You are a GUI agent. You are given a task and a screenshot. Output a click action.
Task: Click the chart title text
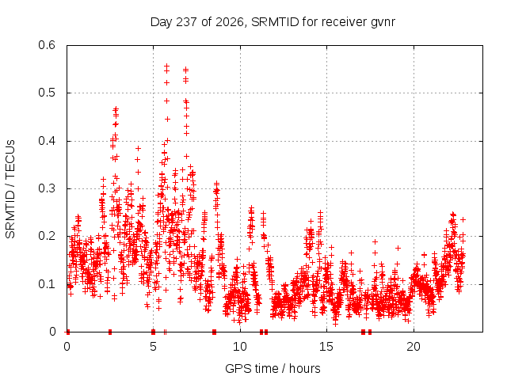tap(273, 22)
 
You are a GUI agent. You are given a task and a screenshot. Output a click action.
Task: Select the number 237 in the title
tap(187, 22)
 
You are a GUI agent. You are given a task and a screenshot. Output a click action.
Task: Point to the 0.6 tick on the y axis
tap(47, 45)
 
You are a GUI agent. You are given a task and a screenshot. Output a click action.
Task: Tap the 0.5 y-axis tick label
tap(47, 93)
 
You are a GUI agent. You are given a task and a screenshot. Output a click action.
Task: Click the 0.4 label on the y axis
tap(47, 141)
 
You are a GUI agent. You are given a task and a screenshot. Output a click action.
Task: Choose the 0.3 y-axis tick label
tap(47, 188)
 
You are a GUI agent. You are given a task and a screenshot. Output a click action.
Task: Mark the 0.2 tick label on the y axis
tap(47, 236)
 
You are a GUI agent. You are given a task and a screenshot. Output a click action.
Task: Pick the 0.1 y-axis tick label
tap(47, 284)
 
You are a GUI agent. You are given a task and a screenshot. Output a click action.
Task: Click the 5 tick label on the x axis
tap(153, 347)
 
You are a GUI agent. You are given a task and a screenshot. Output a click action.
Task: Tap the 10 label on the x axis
tap(240, 347)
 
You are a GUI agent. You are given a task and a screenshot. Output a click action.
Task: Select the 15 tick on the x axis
tap(326, 347)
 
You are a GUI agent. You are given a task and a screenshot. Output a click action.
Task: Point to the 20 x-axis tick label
tap(414, 347)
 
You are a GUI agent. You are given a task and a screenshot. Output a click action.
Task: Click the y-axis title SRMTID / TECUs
tap(10, 189)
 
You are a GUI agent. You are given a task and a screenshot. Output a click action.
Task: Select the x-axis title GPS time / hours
tap(273, 368)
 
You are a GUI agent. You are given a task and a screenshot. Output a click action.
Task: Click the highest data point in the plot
tap(167, 66)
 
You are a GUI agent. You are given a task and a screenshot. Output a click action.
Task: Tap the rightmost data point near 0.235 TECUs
tap(463, 220)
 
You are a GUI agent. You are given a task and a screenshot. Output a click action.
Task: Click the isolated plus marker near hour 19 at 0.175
tap(398, 248)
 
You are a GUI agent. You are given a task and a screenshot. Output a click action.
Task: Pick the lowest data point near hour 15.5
tap(335, 324)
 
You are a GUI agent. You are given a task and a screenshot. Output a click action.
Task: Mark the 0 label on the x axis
tap(67, 347)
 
